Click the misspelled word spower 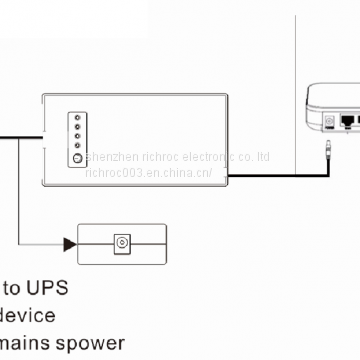click(98, 344)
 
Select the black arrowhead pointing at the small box click(70, 243)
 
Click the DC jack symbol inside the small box click(122, 243)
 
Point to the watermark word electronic click(206, 158)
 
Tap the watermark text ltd click(261, 158)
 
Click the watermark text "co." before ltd click(243, 158)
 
